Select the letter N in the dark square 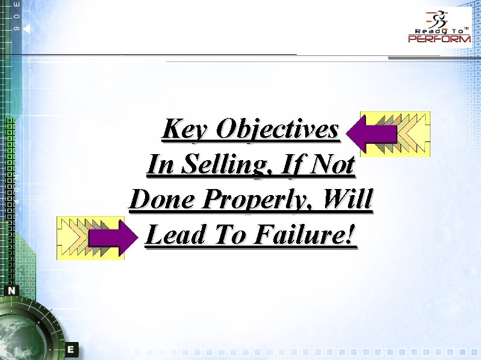[12, 290]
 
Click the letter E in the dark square [71, 349]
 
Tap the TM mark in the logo [466, 26]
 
